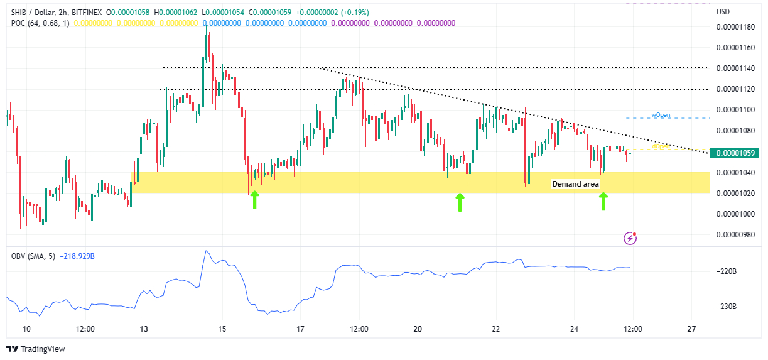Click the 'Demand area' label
575,184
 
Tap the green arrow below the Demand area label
603,201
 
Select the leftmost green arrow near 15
254,200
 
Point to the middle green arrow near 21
460,202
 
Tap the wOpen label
660,115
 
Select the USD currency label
723,12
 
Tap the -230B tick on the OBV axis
727,307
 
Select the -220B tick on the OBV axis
727,271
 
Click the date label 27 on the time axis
691,329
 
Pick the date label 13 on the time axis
144,329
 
